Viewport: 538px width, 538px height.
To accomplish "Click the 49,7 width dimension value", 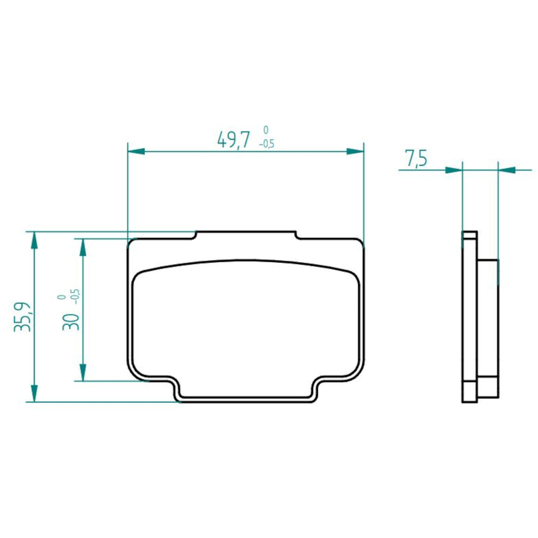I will [233, 140].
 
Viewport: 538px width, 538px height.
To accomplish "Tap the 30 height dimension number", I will [71, 321].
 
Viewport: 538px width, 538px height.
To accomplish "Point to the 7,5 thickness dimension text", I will [416, 159].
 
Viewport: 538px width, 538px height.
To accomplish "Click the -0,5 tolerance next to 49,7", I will [266, 144].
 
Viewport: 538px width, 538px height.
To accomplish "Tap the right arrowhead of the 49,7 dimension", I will [355, 152].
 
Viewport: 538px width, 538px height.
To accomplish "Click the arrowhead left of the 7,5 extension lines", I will [453, 170].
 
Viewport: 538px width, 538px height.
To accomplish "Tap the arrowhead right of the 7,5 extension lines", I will [507, 170].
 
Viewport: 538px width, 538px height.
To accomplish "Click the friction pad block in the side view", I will [488, 317].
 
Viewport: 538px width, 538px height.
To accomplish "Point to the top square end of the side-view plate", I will [469, 235].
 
